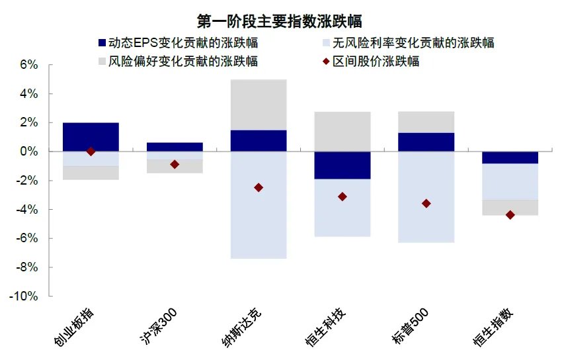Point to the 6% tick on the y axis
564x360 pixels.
(29, 65)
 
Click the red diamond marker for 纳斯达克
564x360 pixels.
(259, 188)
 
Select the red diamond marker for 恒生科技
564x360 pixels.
(342, 197)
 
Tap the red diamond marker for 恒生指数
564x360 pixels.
(510, 214)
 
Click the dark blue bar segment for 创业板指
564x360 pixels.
(91, 137)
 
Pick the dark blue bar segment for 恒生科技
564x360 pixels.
(342, 165)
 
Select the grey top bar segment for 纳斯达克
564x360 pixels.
(259, 105)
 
